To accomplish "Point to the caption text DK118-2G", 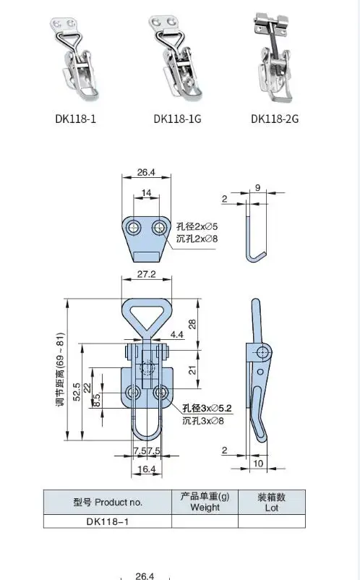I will point(275,119).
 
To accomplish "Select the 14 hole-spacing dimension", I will point(147,193).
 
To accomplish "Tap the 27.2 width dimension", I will point(147,276).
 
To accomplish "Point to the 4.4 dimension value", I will point(176,335).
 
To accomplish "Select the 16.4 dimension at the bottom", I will point(147,470).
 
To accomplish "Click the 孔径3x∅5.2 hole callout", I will point(192,409).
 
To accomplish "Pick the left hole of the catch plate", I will point(134,228).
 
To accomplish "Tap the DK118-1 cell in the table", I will point(107,521).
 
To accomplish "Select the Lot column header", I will point(272,502).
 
